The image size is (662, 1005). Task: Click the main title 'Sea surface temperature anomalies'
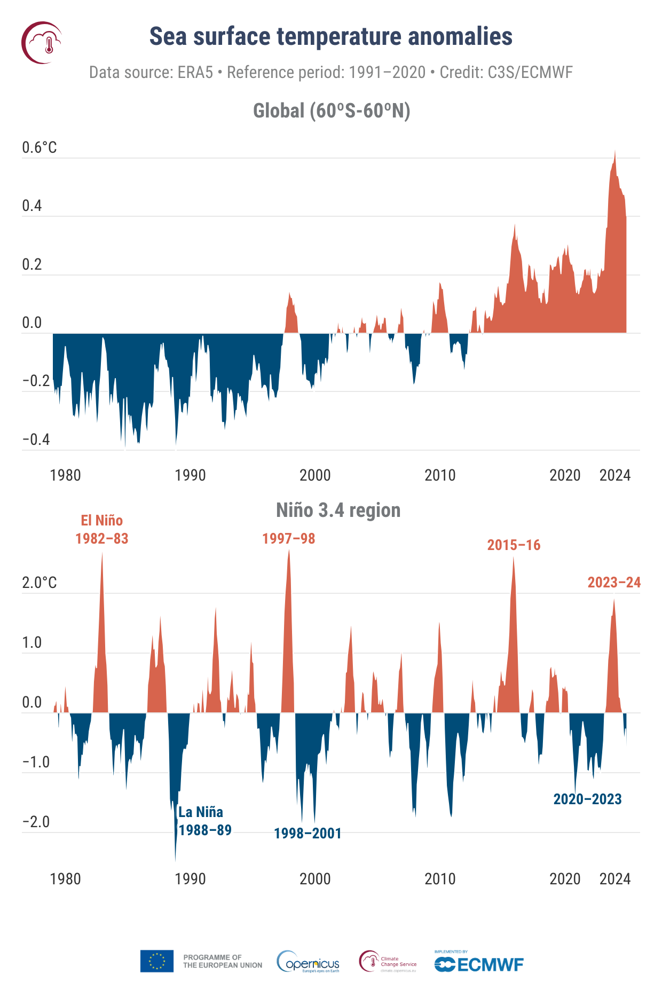pos(330,37)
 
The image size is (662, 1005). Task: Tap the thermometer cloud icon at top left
pos(42,43)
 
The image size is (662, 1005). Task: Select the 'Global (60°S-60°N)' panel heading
pos(331,111)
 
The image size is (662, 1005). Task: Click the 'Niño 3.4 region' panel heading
pos(338,510)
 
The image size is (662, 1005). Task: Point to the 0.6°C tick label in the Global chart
pos(40,148)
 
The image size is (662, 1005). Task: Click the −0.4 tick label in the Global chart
pos(36,439)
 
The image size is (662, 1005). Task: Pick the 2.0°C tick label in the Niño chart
pos(40,583)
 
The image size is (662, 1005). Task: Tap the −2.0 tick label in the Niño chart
pos(36,822)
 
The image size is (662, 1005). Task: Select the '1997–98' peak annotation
pos(288,539)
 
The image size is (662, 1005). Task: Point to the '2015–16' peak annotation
pos(514,545)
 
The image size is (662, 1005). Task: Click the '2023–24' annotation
pos(614,583)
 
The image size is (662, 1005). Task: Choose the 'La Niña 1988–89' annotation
pos(204,821)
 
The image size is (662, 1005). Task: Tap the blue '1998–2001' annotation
pos(308,834)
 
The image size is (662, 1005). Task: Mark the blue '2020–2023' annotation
pos(587,799)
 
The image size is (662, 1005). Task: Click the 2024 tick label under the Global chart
pos(615,475)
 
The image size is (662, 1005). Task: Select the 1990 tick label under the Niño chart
pos(190,879)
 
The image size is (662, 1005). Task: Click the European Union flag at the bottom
pos(157,961)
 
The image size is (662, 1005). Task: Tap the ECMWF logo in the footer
pos(479,963)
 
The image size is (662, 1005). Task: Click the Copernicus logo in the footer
pos(309,962)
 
